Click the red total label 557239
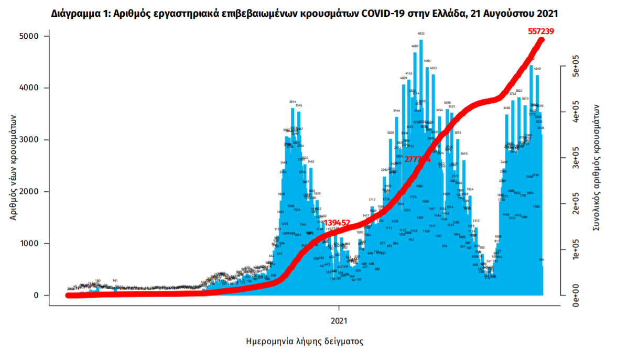point(540,31)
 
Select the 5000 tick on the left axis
point(29,36)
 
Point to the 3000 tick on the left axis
point(29,140)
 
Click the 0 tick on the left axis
point(37,296)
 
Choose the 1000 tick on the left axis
point(29,244)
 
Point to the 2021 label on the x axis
point(339,319)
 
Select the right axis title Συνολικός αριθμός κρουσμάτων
point(596,168)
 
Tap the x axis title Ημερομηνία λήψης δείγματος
point(305,341)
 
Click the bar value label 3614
point(293,102)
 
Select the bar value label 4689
point(415,46)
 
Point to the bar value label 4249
point(537,69)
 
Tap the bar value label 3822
point(518,91)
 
